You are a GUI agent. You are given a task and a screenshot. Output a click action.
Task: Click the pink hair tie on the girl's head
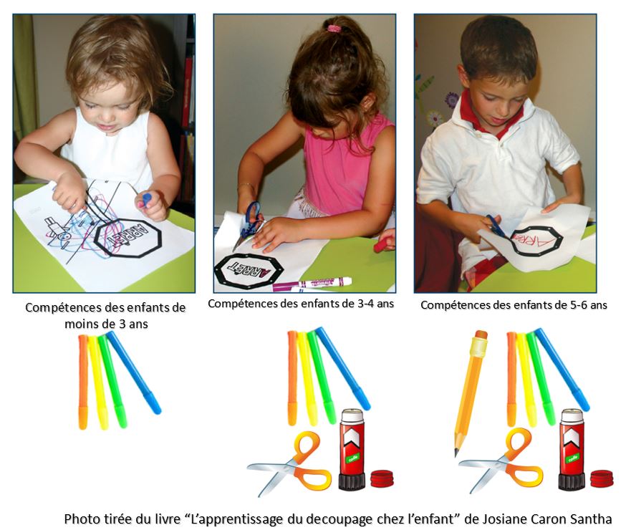[x=334, y=29]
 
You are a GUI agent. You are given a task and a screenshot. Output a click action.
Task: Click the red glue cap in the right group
[x=601, y=478]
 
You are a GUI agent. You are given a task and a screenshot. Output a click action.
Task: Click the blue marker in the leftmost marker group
[x=135, y=372]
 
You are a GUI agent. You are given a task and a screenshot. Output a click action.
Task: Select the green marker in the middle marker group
[x=321, y=377]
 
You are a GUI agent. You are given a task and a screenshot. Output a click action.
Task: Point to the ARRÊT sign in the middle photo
[x=249, y=271]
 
